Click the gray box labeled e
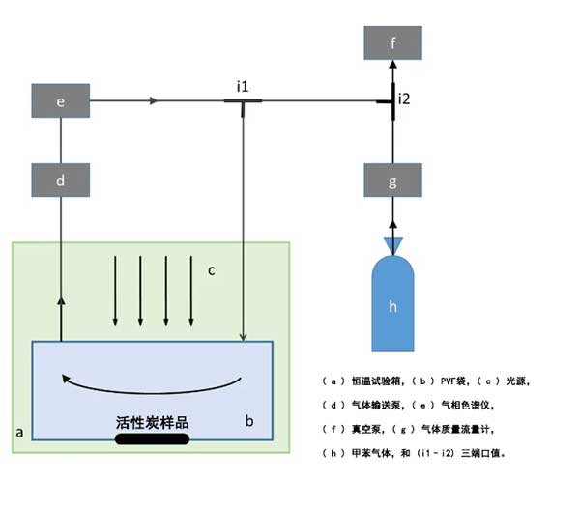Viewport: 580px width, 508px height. (x=61, y=99)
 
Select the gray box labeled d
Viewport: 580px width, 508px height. (x=61, y=179)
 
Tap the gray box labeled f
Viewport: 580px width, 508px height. (x=392, y=43)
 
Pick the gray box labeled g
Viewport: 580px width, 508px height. (x=392, y=179)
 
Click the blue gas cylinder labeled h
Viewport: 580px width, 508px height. (x=392, y=304)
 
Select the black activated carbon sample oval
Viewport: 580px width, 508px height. (x=151, y=440)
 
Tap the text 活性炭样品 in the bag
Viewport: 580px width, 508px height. (x=151, y=422)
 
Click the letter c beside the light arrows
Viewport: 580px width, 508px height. (x=212, y=269)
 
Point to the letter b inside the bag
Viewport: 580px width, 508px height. (x=248, y=421)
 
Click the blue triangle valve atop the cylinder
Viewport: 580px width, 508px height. (x=392, y=246)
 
